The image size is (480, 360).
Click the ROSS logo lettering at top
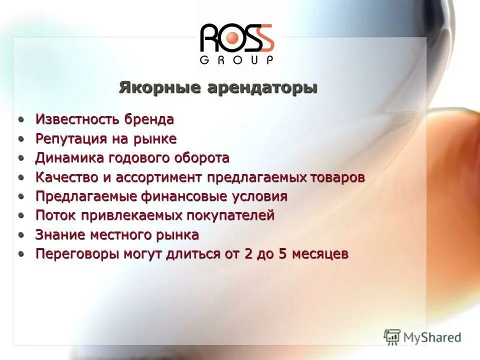pos(237,37)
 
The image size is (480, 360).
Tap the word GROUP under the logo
pos(237,60)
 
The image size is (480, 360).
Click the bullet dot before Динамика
pos(21,158)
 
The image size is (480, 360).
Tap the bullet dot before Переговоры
pos(21,253)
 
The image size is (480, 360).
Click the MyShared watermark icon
pos(392,337)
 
